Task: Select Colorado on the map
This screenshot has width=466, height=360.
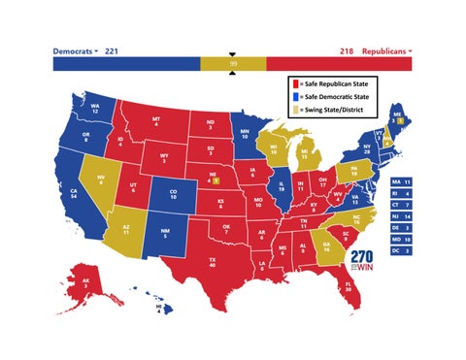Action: tap(173, 193)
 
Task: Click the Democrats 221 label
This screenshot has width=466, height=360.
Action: tap(85, 49)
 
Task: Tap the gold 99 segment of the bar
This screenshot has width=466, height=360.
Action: tap(232, 63)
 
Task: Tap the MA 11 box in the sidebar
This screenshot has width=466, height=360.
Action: tap(401, 181)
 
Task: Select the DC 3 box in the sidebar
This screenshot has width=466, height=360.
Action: tap(401, 250)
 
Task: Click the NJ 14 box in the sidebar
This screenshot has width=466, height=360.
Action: tap(401, 216)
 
